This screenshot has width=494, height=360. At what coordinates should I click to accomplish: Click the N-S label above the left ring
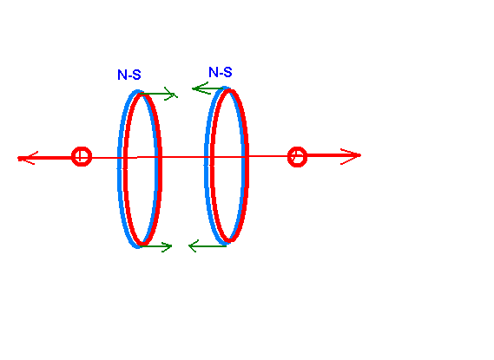(129, 75)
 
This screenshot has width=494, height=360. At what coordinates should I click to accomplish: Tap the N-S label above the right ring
(221, 72)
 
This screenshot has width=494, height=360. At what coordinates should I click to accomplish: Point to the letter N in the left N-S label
(122, 75)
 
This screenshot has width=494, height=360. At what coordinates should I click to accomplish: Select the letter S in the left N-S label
(136, 75)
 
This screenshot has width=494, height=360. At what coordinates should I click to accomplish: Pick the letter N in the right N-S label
(214, 72)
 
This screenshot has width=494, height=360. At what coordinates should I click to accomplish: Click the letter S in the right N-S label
(227, 72)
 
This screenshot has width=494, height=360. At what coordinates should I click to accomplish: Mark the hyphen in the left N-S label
(129, 75)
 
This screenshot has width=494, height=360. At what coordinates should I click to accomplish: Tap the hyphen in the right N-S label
(221, 74)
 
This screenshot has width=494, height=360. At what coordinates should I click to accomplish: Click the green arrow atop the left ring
(159, 94)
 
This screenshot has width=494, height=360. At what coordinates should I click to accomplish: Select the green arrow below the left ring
(155, 246)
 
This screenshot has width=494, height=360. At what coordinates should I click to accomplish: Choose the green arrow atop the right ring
(208, 88)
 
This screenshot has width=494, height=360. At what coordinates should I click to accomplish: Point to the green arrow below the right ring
(207, 245)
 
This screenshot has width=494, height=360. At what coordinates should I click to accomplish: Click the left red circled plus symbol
(82, 156)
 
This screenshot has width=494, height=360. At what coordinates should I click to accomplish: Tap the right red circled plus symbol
(298, 157)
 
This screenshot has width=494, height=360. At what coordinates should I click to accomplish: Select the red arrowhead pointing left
(27, 158)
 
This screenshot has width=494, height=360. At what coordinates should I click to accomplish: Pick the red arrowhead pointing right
(351, 156)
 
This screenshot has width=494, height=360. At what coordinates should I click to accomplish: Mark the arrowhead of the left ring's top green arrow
(171, 94)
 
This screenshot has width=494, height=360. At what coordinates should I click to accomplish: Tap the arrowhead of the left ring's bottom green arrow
(167, 246)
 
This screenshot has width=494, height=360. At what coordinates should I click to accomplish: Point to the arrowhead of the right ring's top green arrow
(200, 88)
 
